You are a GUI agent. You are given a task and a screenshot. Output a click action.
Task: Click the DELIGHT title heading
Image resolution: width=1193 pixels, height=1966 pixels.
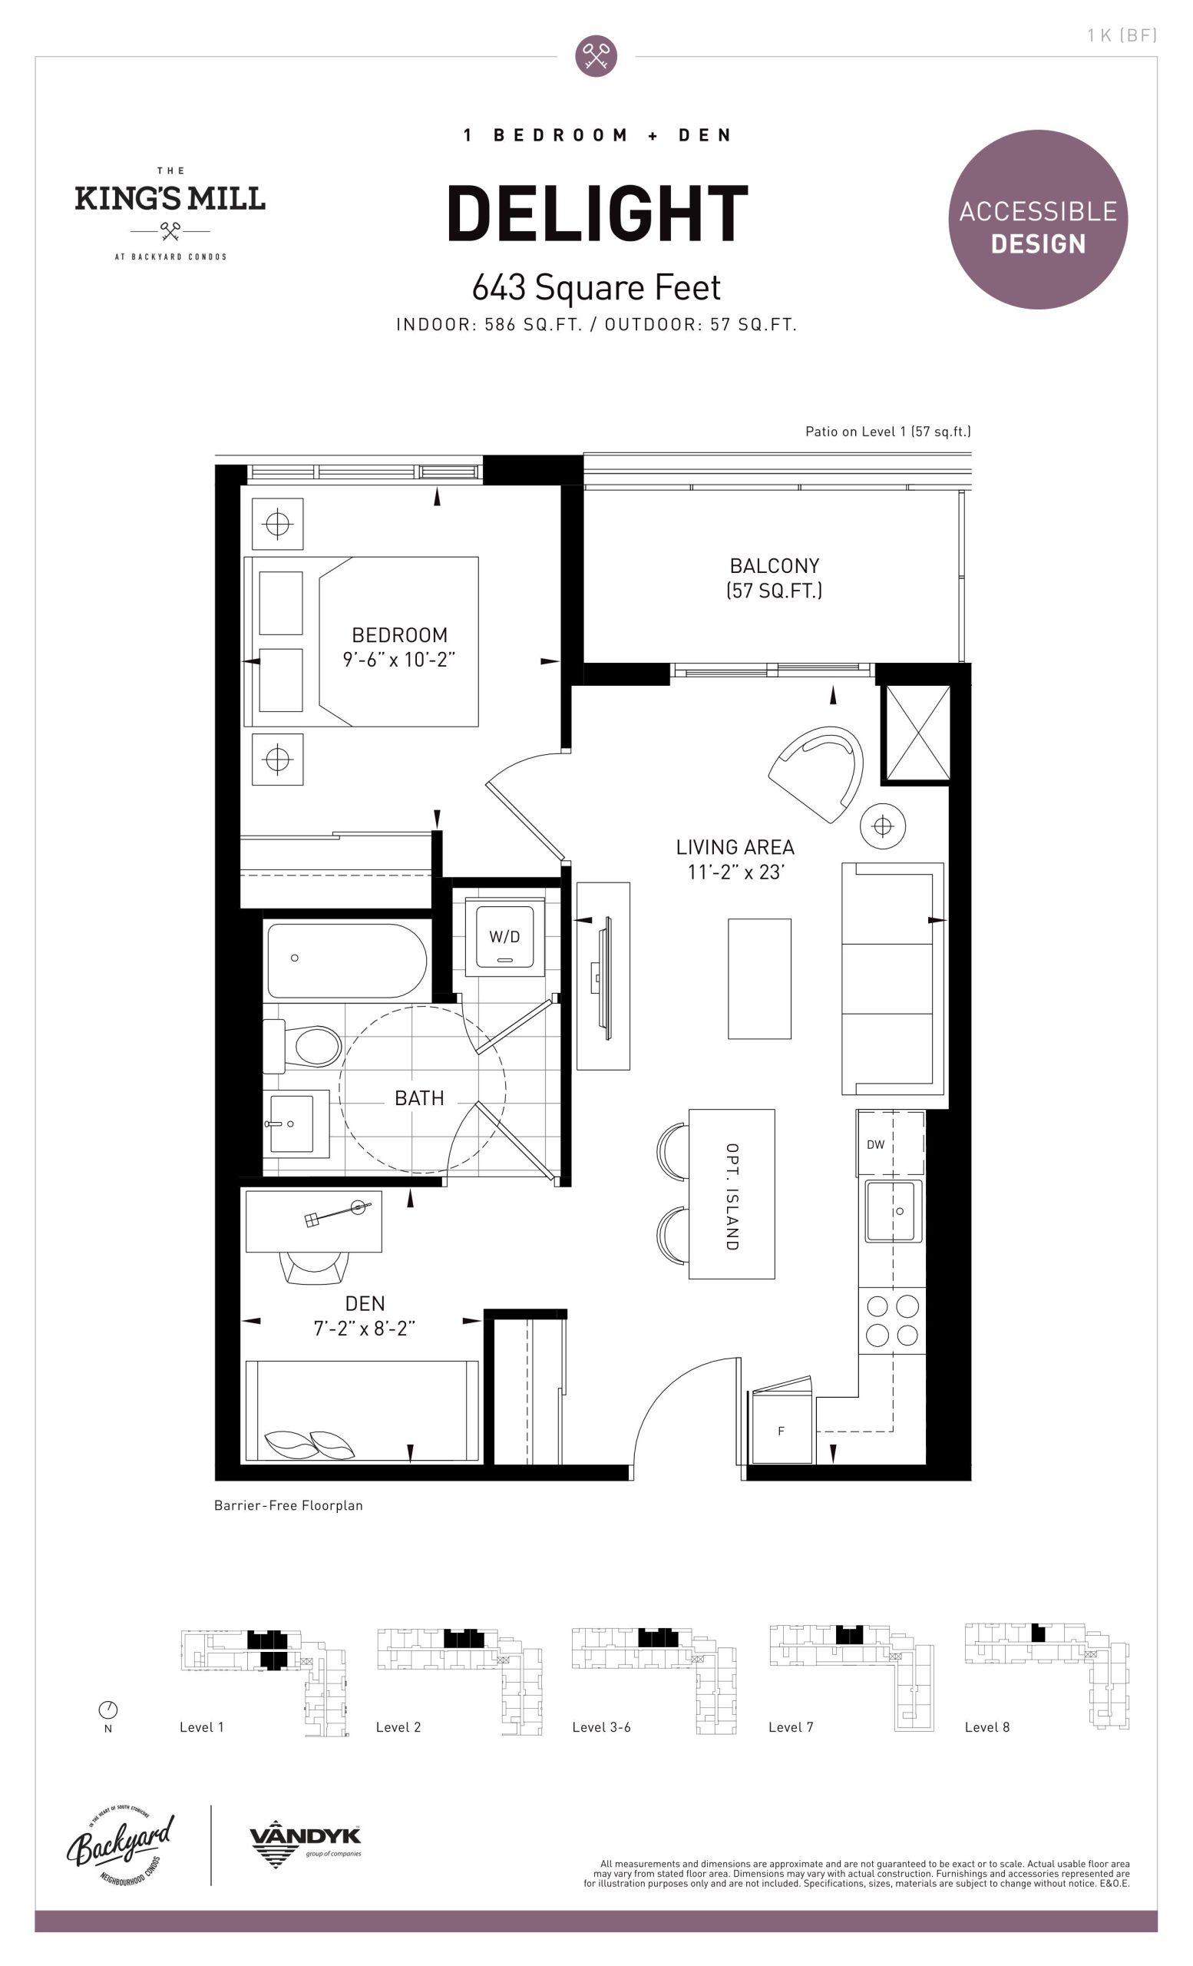point(597,213)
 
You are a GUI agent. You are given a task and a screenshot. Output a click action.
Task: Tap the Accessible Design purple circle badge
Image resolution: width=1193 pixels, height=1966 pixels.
point(1037,220)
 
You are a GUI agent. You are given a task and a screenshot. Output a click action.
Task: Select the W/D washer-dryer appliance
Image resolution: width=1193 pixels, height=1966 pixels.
point(504,938)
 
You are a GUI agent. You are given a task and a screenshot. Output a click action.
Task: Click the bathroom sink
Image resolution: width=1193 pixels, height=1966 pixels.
point(296,1124)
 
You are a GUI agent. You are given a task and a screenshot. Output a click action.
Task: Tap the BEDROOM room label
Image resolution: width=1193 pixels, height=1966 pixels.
point(399,635)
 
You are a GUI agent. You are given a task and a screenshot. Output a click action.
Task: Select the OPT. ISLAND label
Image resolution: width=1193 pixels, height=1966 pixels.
point(732,1196)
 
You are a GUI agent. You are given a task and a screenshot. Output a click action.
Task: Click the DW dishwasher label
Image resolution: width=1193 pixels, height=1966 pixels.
point(876,1144)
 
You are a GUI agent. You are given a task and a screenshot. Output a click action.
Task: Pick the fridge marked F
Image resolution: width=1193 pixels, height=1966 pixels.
point(782,1431)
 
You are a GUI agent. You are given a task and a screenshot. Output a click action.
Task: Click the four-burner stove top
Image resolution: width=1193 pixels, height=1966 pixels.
point(892,1320)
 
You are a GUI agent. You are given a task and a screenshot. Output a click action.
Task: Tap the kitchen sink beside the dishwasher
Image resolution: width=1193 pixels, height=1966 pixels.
point(894,1210)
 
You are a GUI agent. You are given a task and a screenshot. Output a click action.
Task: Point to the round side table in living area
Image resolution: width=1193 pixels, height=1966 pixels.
point(883,826)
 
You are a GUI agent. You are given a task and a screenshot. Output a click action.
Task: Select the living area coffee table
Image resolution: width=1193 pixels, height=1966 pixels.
point(759,979)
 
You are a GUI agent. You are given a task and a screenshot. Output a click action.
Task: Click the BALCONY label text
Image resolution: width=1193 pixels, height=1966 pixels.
point(775,566)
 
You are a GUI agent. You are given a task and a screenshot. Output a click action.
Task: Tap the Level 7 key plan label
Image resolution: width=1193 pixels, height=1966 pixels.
point(790,1726)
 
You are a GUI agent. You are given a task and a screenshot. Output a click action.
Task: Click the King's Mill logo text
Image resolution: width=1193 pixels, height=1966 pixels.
point(170,199)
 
